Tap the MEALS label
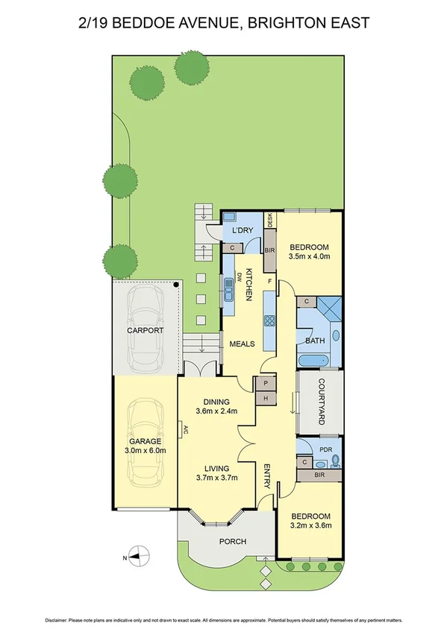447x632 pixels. (x=243, y=344)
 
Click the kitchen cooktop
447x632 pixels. (x=269, y=323)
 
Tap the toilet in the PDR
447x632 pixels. (x=334, y=460)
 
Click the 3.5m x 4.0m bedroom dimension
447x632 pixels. (x=309, y=256)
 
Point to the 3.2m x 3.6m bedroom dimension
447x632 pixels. (x=309, y=525)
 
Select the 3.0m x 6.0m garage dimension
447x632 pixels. (x=145, y=450)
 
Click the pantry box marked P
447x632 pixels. (x=266, y=383)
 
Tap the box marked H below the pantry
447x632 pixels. (x=266, y=398)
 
